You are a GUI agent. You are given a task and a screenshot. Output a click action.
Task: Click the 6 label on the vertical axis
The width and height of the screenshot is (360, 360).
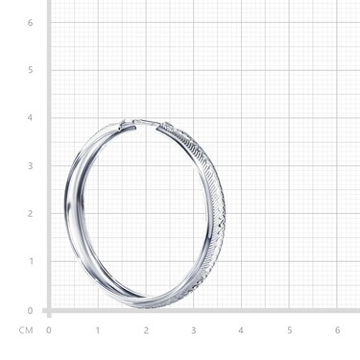point(30,23)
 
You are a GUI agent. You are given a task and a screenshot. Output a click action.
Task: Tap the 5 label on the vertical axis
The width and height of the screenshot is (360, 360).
point(30,70)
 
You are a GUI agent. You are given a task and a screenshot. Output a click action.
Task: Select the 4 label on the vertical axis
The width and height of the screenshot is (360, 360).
point(30,118)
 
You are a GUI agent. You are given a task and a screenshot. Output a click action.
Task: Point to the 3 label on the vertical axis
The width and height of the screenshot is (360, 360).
point(30,166)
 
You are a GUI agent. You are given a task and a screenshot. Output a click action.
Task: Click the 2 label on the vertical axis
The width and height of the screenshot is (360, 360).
point(30,213)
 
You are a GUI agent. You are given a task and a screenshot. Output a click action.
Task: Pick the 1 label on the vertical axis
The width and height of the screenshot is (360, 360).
point(31,261)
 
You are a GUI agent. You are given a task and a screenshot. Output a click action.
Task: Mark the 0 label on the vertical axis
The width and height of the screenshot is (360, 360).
point(30,311)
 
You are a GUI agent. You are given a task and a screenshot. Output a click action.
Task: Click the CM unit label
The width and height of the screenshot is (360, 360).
point(26,330)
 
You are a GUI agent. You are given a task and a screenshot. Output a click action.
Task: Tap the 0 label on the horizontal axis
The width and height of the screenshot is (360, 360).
point(49,330)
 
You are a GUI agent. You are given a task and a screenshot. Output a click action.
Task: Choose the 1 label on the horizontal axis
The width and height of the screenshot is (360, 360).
point(98,330)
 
